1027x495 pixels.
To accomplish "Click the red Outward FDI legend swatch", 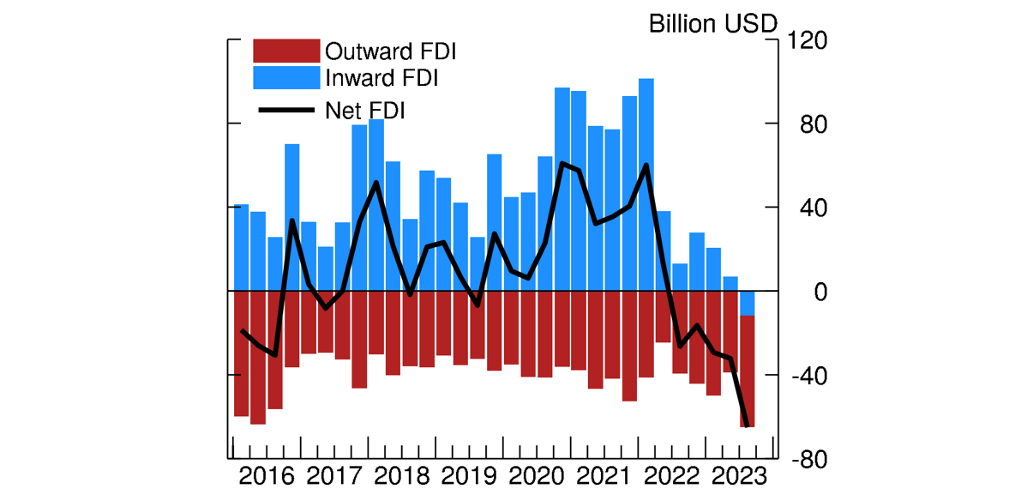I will [x=285, y=51].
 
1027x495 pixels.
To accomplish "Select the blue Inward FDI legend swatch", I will [x=285, y=78].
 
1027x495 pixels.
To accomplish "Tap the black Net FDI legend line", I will [x=285, y=109].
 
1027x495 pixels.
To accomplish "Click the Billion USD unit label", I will [x=712, y=23].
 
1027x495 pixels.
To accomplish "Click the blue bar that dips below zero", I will [x=748, y=304].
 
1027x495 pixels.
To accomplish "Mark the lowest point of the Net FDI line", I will [x=748, y=426].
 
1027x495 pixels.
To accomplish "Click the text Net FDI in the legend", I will [x=365, y=110].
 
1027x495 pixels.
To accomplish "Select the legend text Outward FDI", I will [x=390, y=51].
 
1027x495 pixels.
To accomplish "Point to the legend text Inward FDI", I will [x=381, y=78].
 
